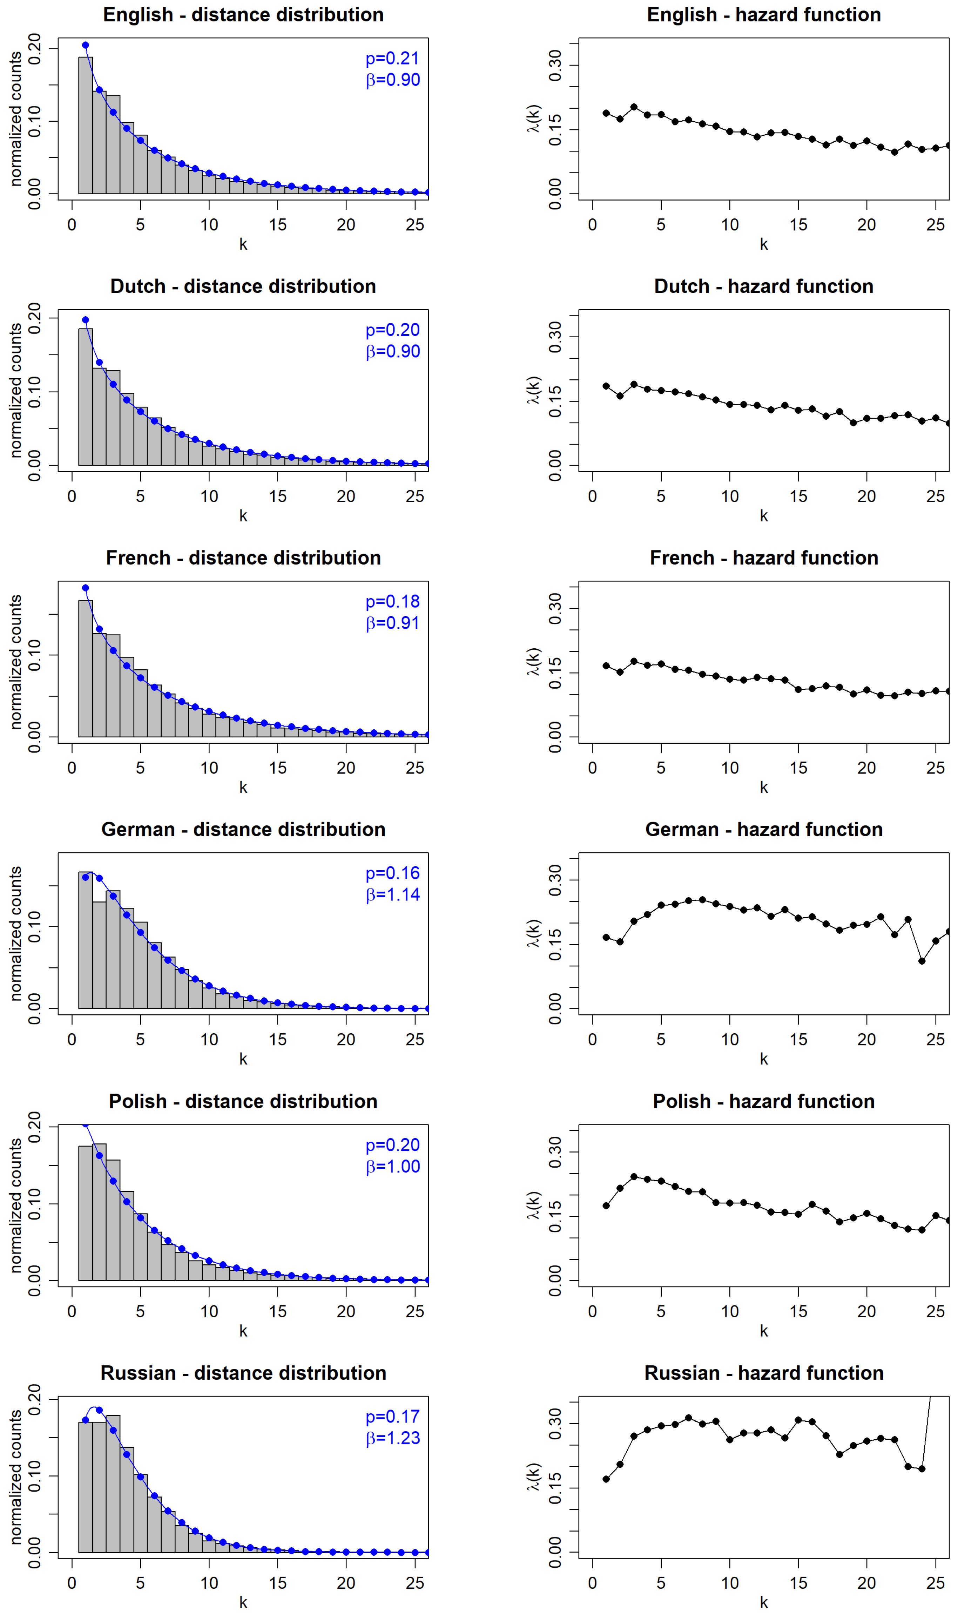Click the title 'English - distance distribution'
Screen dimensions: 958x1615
pyautogui.click(x=243, y=15)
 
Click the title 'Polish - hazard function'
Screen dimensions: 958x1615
pyautogui.click(x=764, y=1101)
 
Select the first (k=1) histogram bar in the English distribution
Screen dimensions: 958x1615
pyautogui.click(x=85, y=125)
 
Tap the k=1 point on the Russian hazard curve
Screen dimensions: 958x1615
pyautogui.click(x=606, y=1479)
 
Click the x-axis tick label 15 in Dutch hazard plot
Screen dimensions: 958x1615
pyautogui.click(x=798, y=496)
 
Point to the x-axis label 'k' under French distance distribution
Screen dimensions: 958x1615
pyautogui.click(x=243, y=787)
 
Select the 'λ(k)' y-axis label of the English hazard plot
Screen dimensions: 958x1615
pyautogui.click(x=533, y=118)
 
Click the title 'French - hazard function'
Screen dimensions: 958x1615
pyautogui.click(x=764, y=558)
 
